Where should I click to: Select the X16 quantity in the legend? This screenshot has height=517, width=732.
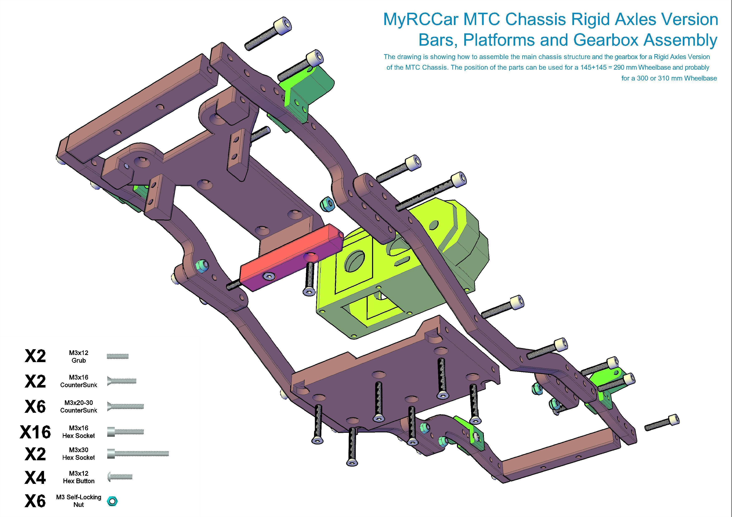pyautogui.click(x=35, y=432)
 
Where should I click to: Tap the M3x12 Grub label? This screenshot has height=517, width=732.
pyautogui.click(x=78, y=357)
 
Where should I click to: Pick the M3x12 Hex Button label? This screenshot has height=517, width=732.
pyautogui.click(x=78, y=477)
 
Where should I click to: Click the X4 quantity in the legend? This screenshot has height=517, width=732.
pyautogui.click(x=35, y=478)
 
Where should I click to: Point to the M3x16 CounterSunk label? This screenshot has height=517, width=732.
pyautogui.click(x=78, y=381)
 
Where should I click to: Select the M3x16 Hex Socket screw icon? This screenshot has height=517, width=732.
pyautogui.click(x=126, y=432)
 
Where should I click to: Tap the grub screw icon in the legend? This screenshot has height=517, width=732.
pyautogui.click(x=117, y=356)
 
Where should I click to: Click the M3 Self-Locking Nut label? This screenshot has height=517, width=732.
pyautogui.click(x=78, y=501)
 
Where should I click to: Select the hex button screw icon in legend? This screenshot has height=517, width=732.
pyautogui.click(x=120, y=477)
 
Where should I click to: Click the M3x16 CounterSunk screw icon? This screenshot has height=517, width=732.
pyautogui.click(x=122, y=381)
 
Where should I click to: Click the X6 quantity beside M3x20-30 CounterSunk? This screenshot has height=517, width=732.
pyautogui.click(x=35, y=407)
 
